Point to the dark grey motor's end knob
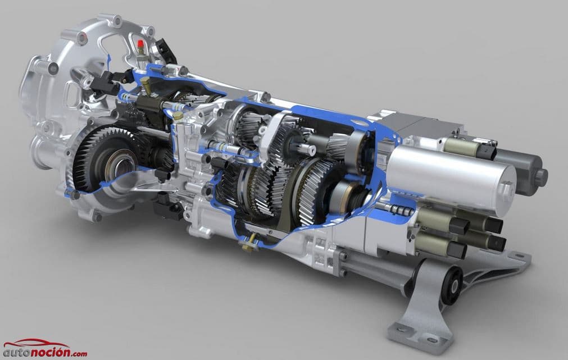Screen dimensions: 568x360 coord(541,176)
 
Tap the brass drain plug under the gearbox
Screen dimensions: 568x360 coord(248,244)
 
